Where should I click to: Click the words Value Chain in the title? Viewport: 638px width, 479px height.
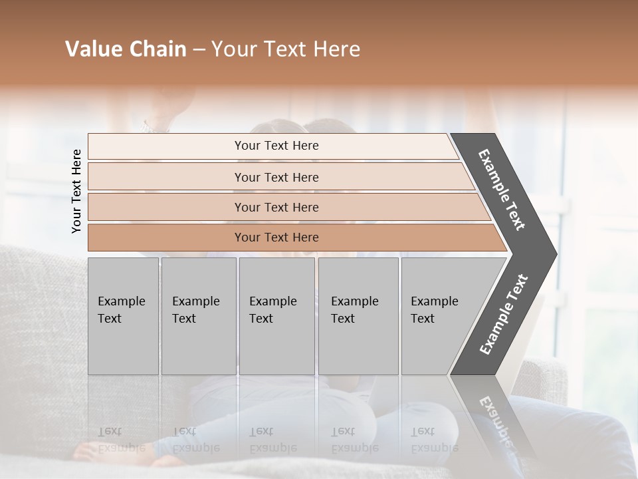click(x=126, y=49)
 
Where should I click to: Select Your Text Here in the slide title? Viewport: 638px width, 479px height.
click(x=286, y=49)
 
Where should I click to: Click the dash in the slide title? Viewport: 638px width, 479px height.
click(x=199, y=50)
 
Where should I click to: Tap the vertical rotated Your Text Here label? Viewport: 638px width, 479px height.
click(x=76, y=191)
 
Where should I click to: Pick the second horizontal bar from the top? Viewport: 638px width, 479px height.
click(x=276, y=177)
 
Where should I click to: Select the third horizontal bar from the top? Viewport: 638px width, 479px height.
click(x=276, y=207)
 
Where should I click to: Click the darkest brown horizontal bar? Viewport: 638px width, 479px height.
click(x=276, y=238)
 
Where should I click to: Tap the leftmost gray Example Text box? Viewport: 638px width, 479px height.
click(x=123, y=315)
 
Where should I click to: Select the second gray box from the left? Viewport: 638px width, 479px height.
click(x=198, y=315)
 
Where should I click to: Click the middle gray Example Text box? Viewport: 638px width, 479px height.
click(x=276, y=315)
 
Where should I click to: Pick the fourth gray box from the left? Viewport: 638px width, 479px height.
click(x=358, y=315)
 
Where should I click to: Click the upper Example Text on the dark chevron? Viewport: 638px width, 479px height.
click(x=502, y=190)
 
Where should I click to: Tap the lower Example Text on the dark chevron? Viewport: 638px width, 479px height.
click(x=504, y=314)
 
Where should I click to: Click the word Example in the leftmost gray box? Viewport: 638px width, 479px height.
click(x=121, y=301)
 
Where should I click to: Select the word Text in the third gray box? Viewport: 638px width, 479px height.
click(x=261, y=319)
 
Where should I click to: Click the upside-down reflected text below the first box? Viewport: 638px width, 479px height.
click(x=121, y=440)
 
